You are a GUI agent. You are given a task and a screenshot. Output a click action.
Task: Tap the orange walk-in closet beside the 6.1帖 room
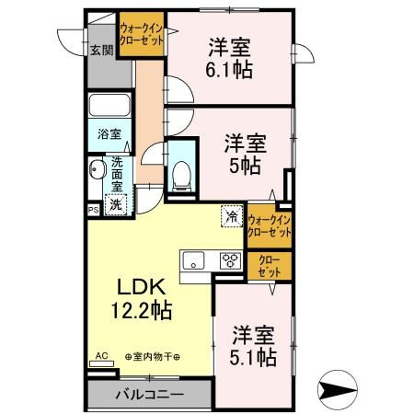tap(144, 41)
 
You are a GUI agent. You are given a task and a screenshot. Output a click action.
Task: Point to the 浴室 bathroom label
tap(109, 134)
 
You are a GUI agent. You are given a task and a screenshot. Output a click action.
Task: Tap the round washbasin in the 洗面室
tap(97, 171)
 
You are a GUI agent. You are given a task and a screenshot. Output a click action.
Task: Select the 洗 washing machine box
tap(115, 205)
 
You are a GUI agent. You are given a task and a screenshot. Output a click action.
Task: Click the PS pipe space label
tap(93, 210)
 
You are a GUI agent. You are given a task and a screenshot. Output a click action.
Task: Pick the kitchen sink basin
tap(194, 259)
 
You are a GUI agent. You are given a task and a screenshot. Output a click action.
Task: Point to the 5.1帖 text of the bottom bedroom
tap(253, 355)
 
